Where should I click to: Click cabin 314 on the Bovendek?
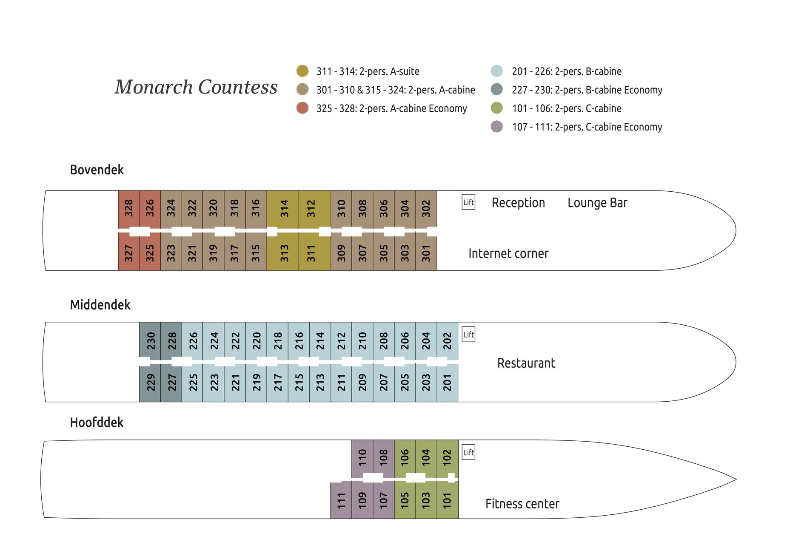283,209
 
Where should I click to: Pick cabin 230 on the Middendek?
150,340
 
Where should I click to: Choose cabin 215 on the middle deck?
299,382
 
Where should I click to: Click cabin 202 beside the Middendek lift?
447,340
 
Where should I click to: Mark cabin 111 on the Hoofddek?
341,500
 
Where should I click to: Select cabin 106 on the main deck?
405,457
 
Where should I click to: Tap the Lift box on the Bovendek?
468,202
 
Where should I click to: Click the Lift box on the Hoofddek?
468,452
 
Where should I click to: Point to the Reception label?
518,203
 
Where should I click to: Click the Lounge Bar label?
597,203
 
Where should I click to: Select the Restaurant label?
526,363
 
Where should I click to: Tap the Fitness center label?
522,504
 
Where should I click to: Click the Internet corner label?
508,253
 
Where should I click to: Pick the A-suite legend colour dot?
302,71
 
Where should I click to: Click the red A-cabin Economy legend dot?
302,108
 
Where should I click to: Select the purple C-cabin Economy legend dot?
496,127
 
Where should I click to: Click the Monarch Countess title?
196,87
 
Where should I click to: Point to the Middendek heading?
100,305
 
